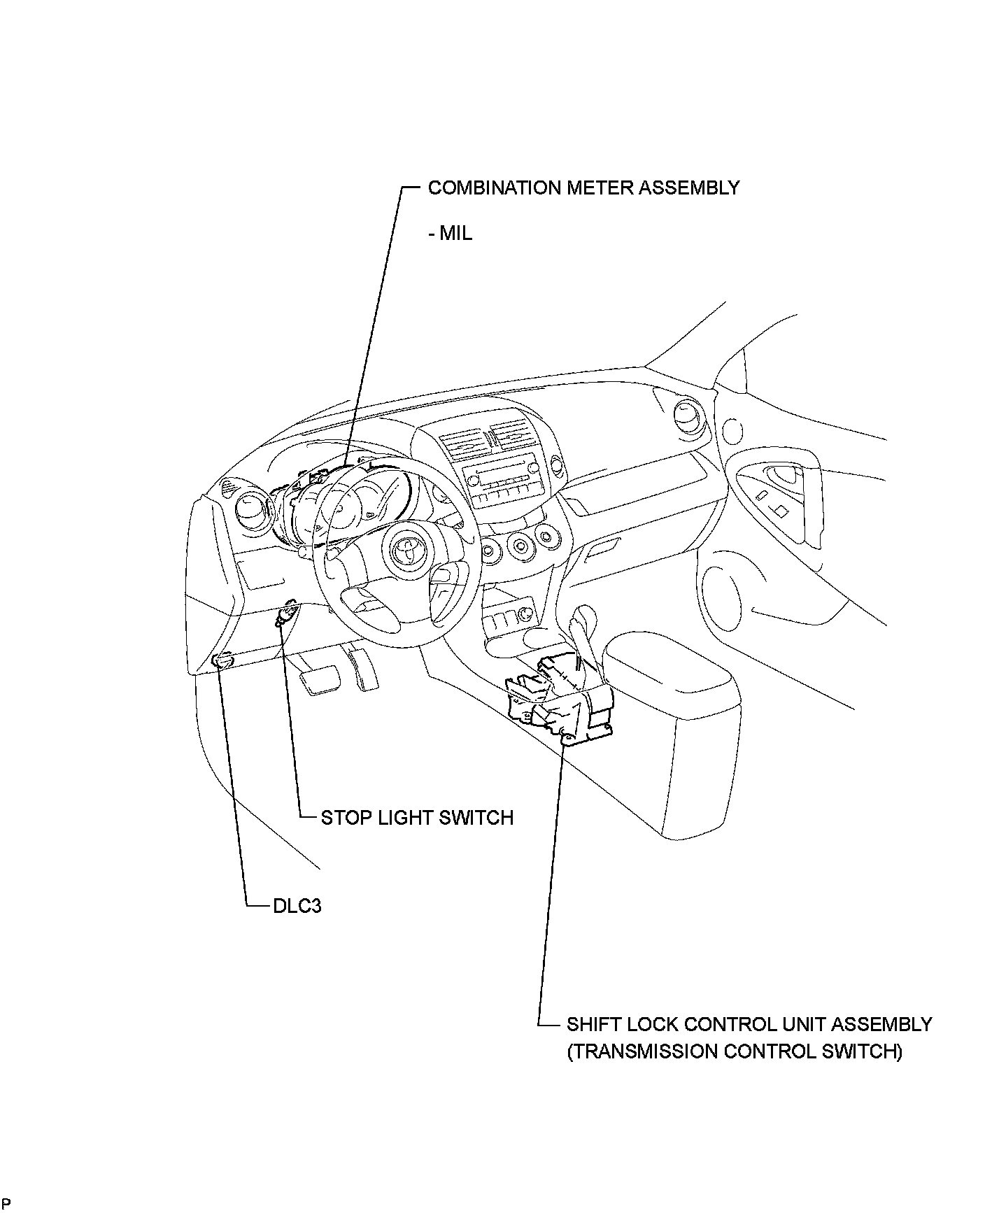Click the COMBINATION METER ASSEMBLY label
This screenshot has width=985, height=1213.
coord(583,188)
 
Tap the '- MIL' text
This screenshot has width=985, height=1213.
coord(450,233)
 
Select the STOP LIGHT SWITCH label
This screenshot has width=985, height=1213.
coord(417,817)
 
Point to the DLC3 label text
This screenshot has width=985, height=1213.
coord(297,906)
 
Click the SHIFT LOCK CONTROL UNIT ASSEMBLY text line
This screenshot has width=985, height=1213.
coord(749,1024)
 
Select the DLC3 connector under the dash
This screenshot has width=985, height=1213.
coord(223,660)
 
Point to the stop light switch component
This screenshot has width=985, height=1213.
coord(285,616)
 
